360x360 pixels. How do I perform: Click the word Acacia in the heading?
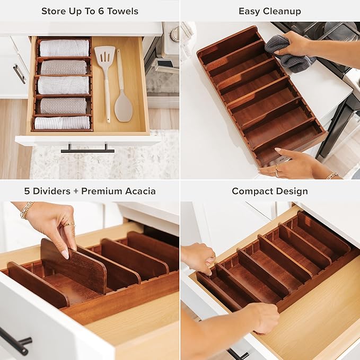tap(139, 191)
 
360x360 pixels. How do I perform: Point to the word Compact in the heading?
tap(251, 191)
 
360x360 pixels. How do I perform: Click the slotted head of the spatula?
tap(104, 55)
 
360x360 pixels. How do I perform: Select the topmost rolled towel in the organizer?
tap(64, 48)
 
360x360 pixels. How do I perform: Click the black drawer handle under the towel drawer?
tap(87, 151)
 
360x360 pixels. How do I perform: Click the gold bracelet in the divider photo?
tap(26, 210)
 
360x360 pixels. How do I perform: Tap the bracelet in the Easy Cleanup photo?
tap(332, 175)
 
